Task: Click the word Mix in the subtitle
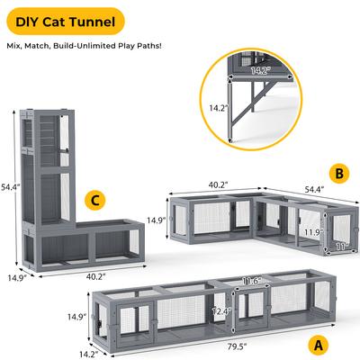(x=16, y=44)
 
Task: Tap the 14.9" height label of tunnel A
(x=76, y=317)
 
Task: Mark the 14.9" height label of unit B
(x=157, y=220)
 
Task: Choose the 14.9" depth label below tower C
(x=18, y=278)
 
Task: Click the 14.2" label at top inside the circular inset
(x=260, y=68)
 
